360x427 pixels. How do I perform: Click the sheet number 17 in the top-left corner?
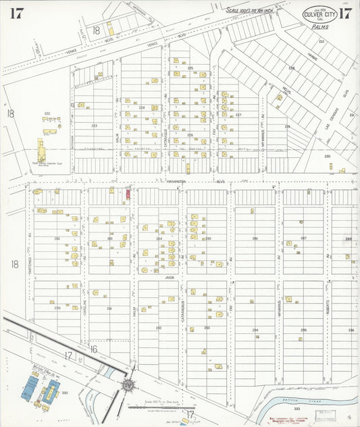17,12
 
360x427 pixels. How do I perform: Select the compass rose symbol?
126,384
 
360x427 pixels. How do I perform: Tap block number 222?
47,113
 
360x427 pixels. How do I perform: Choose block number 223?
94,126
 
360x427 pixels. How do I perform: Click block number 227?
238,115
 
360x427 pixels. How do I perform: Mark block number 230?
327,156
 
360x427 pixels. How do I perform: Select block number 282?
57,238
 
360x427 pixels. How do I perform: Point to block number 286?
255,238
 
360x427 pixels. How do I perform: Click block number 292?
158,327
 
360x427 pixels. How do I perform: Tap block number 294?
255,330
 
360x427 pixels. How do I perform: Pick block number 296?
351,330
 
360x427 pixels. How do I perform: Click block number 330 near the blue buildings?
65,392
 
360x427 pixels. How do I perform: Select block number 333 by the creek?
296,409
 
